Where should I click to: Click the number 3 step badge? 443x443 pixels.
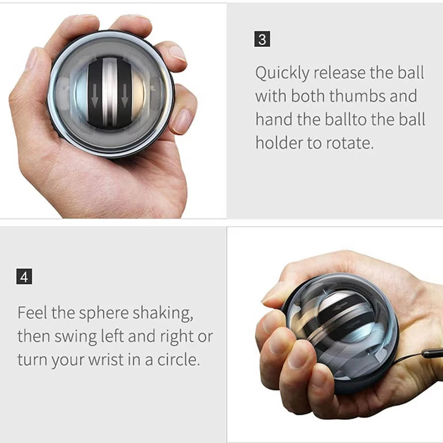click(262, 39)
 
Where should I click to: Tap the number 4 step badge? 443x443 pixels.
click(24, 277)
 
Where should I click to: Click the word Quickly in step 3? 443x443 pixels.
click(282, 73)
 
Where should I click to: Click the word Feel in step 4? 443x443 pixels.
click(32, 313)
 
